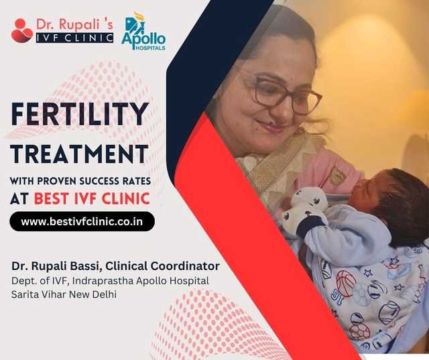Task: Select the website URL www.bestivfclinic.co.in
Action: (x=82, y=221)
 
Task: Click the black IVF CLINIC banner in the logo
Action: (x=74, y=38)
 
